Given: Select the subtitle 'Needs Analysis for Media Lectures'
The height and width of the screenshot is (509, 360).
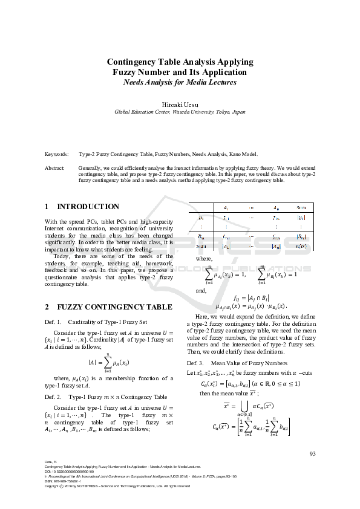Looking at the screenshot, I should (x=180, y=82).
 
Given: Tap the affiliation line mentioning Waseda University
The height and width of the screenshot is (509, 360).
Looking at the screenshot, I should (x=180, y=112).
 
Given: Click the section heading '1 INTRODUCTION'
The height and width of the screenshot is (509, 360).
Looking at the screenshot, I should (x=82, y=207).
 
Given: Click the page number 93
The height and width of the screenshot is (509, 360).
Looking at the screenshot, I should (x=313, y=454).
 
